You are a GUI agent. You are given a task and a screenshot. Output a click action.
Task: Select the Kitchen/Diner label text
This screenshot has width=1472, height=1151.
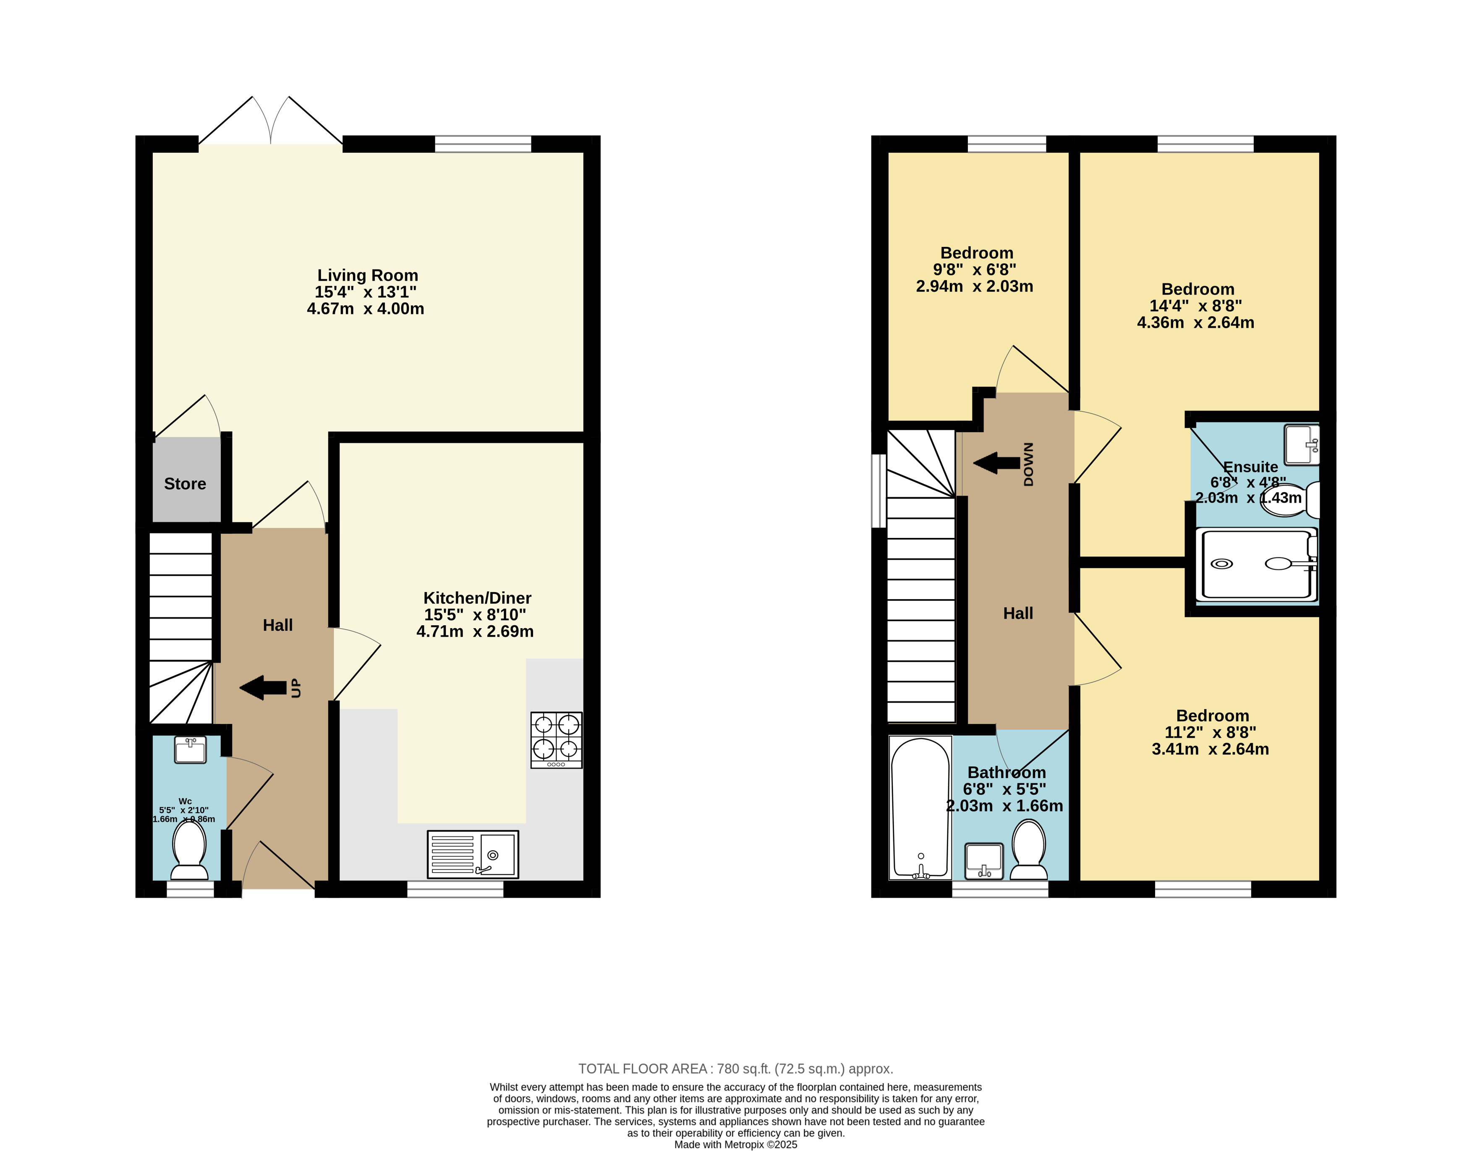[477, 598]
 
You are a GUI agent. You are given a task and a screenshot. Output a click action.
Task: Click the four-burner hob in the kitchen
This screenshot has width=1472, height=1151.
[556, 740]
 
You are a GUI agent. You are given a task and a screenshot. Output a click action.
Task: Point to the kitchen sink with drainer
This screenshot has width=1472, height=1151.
[473, 854]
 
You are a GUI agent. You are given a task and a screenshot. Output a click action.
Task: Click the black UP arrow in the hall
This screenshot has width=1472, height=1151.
[263, 688]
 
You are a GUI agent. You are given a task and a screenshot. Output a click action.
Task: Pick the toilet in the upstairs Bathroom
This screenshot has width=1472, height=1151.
[1029, 849]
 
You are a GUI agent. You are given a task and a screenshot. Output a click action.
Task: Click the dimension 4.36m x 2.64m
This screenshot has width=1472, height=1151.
[1196, 322]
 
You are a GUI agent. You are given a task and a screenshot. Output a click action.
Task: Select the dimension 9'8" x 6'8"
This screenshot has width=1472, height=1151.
[975, 270]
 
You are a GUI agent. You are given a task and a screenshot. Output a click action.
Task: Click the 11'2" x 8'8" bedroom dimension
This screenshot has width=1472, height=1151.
[1211, 732]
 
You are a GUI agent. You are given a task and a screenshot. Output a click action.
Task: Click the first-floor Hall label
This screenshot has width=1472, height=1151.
[1018, 613]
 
